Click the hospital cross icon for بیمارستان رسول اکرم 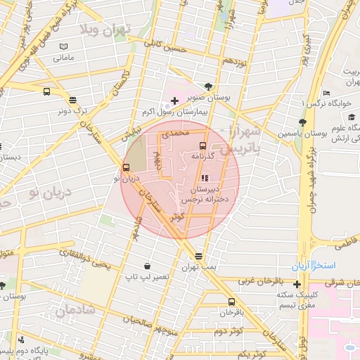click(174, 101)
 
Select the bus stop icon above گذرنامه click(203, 146)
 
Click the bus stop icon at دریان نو click(127, 168)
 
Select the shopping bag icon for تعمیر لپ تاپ click(147, 266)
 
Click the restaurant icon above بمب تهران click(199, 257)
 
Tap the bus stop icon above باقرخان click(230, 300)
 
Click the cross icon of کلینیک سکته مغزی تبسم click(297, 285)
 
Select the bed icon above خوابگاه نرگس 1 click(326, 94)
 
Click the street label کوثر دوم click(228, 330)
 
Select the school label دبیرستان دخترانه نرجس click(202, 195)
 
